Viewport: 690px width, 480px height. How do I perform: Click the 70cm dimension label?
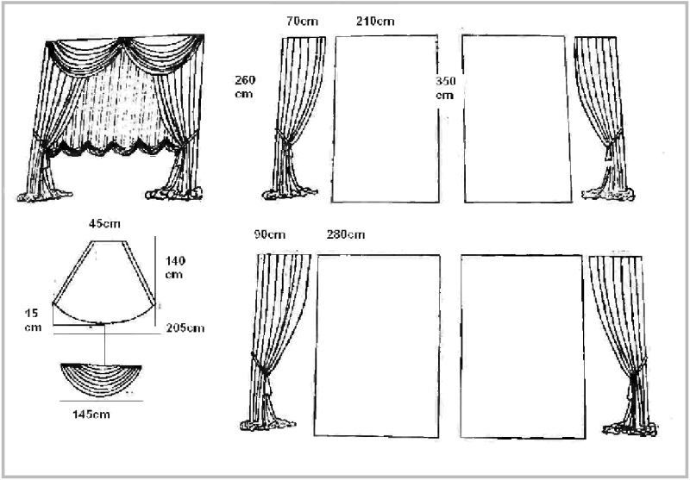302,21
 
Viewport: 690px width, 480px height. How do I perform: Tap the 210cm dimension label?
375,21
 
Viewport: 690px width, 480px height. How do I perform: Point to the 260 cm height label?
245,87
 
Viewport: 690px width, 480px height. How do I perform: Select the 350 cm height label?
446,89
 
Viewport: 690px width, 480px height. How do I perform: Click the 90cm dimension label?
270,234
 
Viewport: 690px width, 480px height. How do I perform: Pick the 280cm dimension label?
346,234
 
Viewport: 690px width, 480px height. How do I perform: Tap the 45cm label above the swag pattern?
104,224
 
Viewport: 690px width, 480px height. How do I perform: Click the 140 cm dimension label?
175,268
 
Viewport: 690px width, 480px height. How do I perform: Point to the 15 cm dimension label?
33,320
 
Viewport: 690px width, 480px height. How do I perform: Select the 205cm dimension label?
185,328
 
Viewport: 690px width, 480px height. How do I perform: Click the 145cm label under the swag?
91,415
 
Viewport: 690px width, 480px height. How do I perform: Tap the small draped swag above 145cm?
101,380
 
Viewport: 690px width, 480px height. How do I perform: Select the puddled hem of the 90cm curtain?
267,425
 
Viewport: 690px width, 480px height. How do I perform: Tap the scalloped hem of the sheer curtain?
114,147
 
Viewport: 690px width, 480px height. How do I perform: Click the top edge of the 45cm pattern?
109,241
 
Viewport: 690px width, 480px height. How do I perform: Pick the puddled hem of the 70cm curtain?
290,193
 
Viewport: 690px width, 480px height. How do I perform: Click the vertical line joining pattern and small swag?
104,344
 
